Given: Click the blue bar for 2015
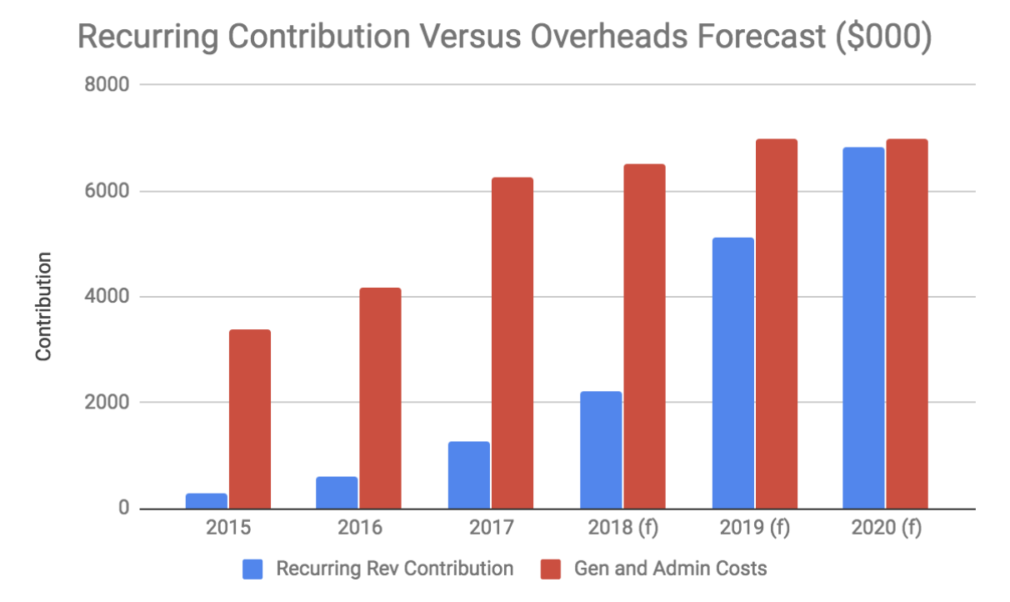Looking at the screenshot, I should [x=207, y=501].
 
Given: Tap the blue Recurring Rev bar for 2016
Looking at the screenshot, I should [x=337, y=493].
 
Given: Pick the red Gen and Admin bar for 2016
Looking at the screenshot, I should [x=380, y=398].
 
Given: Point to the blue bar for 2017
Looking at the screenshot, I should [x=468, y=475].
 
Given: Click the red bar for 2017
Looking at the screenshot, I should [x=512, y=343].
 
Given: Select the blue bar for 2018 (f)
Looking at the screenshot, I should [x=601, y=450].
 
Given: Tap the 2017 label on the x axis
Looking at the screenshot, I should [x=490, y=529].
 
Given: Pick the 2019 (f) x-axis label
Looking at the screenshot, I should [x=755, y=529].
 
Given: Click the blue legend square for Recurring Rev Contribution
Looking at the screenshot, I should [x=253, y=569].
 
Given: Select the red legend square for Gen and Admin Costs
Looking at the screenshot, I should [x=552, y=569].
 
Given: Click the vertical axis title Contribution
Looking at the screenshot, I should [x=43, y=306].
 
